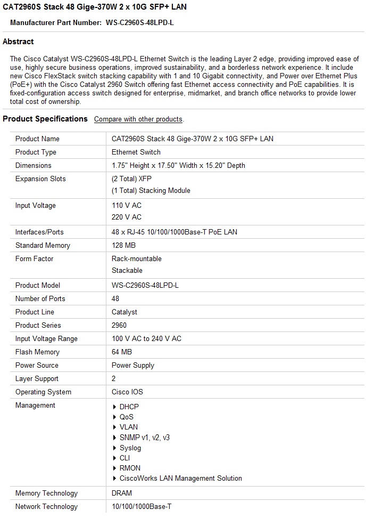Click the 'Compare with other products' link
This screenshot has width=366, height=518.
pos(138,119)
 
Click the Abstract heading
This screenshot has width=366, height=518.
pos(18,42)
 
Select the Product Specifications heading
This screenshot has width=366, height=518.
pos(45,119)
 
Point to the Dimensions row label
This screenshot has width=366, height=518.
pos(34,165)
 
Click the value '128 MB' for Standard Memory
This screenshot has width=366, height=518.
pos(123,245)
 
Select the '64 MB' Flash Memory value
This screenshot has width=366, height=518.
pos(122,352)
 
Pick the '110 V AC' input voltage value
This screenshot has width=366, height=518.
pos(127,205)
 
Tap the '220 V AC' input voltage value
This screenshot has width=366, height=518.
pos(127,217)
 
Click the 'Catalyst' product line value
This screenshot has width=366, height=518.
pos(124,312)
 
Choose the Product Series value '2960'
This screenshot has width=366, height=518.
pos(119,325)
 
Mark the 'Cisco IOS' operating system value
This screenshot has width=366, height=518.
pos(127,392)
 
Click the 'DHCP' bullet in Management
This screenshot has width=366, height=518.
pos(129,407)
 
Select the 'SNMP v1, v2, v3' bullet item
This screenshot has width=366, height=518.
pos(145,438)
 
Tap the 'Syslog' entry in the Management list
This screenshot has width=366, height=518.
pos(130,448)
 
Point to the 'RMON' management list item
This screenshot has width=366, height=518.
pos(130,468)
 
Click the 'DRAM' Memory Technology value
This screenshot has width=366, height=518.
pos(122,493)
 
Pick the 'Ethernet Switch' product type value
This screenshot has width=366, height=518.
pos(136,152)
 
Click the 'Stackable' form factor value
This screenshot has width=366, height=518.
pos(127,270)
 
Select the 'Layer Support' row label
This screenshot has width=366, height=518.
pos(37,378)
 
